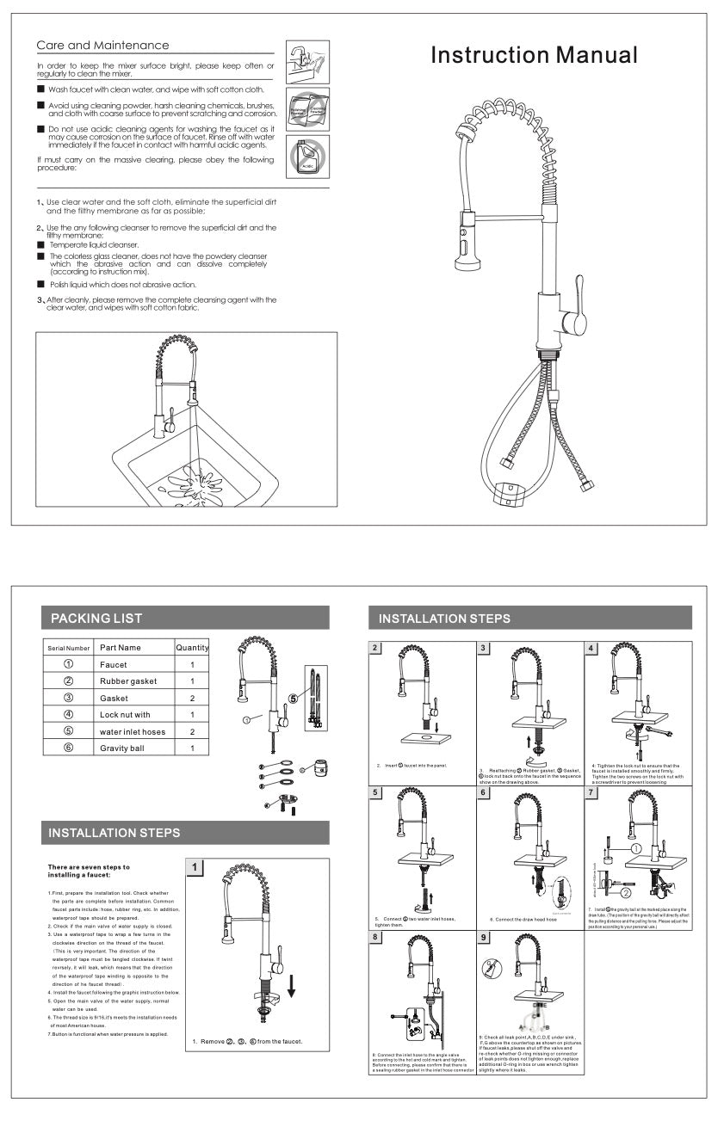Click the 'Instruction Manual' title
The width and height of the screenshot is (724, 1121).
point(534,56)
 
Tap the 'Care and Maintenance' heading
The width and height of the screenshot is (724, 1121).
point(102,45)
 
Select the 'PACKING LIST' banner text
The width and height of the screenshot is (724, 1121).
point(96,618)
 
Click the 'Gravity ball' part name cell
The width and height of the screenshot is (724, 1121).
point(122,748)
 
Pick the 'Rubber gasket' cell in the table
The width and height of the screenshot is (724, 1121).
point(128,681)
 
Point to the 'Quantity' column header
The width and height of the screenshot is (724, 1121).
point(192,647)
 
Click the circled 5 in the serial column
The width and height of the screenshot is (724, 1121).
point(69,731)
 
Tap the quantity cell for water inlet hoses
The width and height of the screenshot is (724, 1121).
point(192,731)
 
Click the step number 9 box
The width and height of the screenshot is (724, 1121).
point(485,938)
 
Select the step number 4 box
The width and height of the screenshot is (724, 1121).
point(591,648)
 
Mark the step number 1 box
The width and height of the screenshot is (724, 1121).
point(196,867)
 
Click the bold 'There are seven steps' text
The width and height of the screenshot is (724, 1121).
point(89,871)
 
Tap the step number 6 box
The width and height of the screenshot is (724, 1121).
point(485,792)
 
